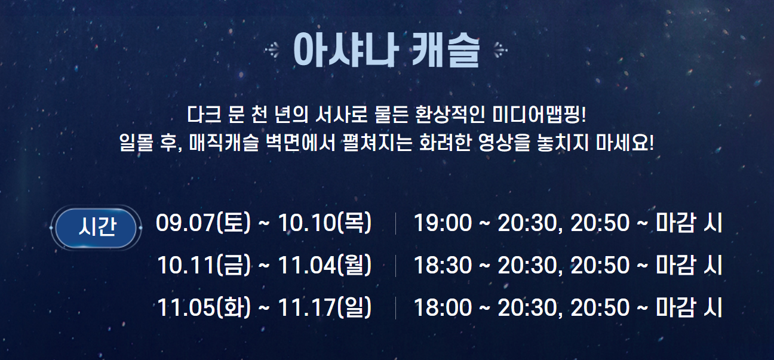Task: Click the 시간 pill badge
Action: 96,227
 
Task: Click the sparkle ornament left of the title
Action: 273,51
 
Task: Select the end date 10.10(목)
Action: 325,223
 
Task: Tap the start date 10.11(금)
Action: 204,265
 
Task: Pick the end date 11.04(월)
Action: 325,265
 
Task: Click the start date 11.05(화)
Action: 204,307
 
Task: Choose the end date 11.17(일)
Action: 325,307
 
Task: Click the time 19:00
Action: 443,223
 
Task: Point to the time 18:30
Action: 443,265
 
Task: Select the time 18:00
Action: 443,307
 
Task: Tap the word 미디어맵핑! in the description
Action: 540,113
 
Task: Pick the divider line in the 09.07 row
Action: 395,223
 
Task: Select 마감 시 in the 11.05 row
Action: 689,307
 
